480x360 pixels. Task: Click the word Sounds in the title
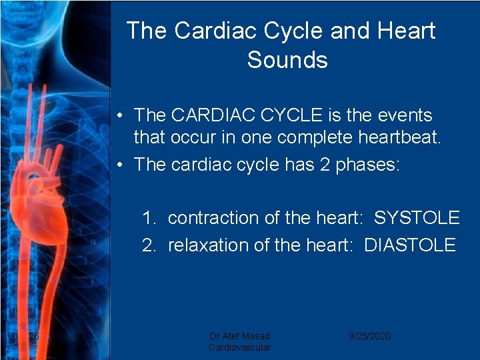287,60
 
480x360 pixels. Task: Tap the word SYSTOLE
417,218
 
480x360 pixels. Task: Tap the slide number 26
34,336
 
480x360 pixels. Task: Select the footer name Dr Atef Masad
239,336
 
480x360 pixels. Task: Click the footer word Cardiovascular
239,347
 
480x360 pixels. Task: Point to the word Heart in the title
405,31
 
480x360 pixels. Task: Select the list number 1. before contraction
149,218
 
